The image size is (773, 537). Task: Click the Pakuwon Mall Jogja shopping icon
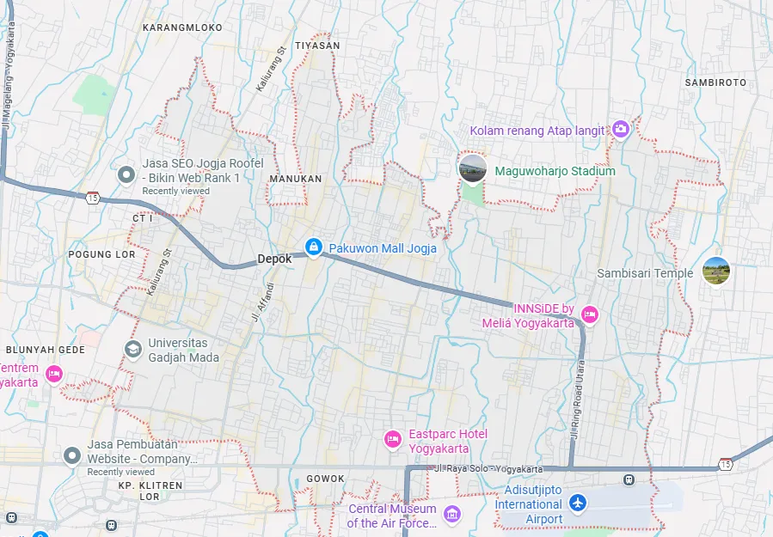click(x=312, y=248)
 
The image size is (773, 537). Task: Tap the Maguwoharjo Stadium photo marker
click(x=473, y=168)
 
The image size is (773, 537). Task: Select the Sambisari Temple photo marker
click(x=716, y=272)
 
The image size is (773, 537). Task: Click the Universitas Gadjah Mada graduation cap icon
click(x=133, y=349)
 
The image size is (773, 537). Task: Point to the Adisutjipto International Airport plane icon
click(x=579, y=501)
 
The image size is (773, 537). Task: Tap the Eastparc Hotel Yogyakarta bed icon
click(x=393, y=439)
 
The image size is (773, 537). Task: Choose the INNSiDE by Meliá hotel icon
click(x=590, y=314)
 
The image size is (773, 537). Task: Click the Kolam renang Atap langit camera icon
click(x=621, y=130)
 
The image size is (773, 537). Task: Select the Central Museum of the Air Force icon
click(x=452, y=515)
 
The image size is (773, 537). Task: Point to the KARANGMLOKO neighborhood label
click(x=181, y=27)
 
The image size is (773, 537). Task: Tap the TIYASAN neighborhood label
click(x=317, y=45)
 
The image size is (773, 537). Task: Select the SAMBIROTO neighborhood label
click(x=715, y=82)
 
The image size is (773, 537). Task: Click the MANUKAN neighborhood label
click(x=295, y=179)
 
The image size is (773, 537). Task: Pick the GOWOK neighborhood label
click(x=325, y=479)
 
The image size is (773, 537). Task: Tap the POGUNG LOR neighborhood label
click(x=102, y=254)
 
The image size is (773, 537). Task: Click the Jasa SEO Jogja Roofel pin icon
click(x=126, y=175)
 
